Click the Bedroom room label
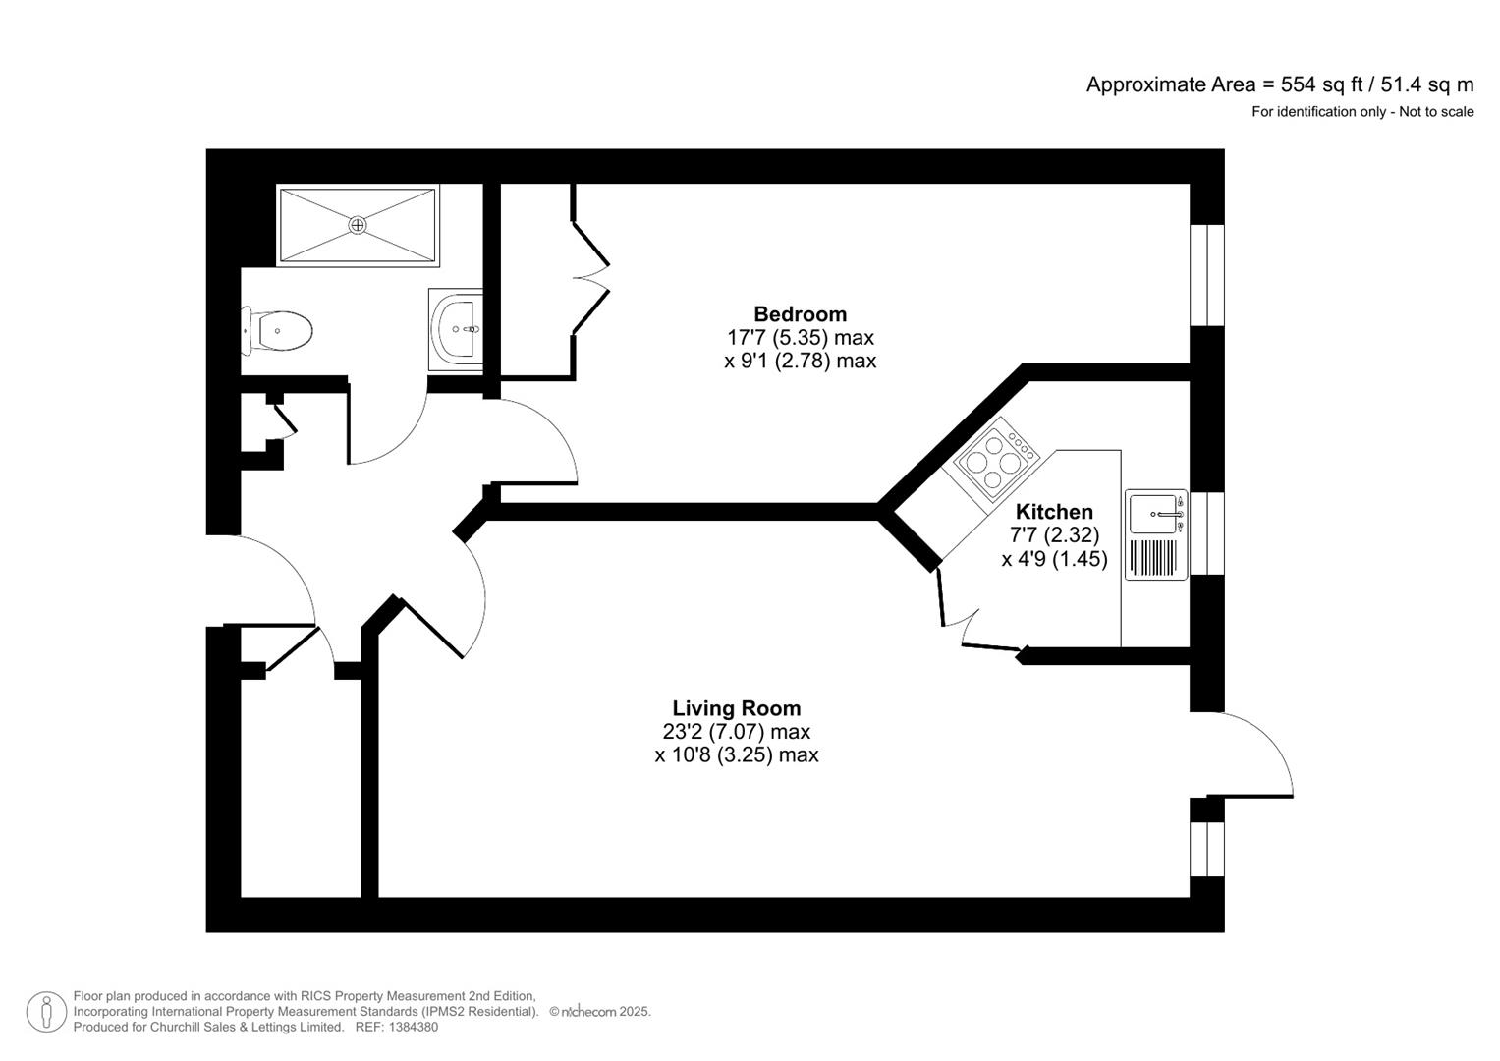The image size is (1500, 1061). coord(800,314)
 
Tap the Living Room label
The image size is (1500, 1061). coord(736,708)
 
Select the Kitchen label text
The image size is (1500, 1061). coord(1054,512)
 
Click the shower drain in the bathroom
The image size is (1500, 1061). coord(358,225)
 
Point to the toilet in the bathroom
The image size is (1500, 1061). coord(279,330)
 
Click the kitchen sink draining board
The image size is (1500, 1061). coord(1153,558)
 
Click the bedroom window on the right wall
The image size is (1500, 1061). coord(1207,275)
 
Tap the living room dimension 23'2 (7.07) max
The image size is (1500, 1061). coord(736,732)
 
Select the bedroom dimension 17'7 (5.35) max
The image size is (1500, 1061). coord(800,338)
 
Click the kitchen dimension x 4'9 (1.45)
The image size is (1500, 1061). coord(1054,559)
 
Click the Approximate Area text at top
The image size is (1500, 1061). coord(1279,84)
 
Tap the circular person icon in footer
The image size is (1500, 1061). coord(46,1012)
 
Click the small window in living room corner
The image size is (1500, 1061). coord(1207,848)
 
